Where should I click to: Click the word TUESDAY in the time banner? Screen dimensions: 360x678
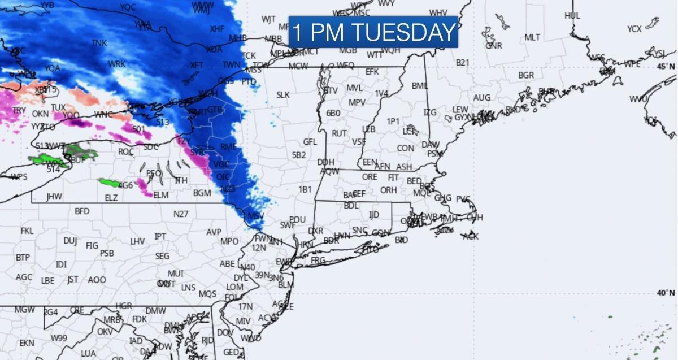tap(403, 32)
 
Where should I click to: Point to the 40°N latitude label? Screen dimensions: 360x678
tap(665, 293)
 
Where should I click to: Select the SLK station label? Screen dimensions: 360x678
tap(283, 95)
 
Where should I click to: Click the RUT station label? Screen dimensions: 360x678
tap(339, 133)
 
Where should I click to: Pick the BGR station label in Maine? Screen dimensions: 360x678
tap(525, 75)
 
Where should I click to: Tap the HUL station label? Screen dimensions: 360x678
tap(572, 16)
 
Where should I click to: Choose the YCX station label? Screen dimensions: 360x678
tap(634, 29)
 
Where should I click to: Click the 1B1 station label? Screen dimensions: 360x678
tap(305, 189)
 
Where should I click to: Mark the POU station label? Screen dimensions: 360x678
tap(297, 219)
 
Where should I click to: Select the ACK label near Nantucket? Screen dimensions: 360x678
tap(470, 236)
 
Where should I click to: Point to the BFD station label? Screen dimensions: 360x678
tap(82, 211)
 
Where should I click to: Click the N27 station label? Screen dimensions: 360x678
tap(181, 214)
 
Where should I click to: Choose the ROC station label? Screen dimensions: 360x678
tap(125, 151)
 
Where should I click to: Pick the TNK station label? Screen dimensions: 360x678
tap(99, 43)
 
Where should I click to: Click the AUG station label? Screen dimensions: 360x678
tap(481, 98)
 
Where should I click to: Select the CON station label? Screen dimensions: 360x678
tap(405, 148)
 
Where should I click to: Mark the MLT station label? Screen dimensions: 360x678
tap(532, 37)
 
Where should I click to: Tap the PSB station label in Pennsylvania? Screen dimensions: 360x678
tap(107, 253)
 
